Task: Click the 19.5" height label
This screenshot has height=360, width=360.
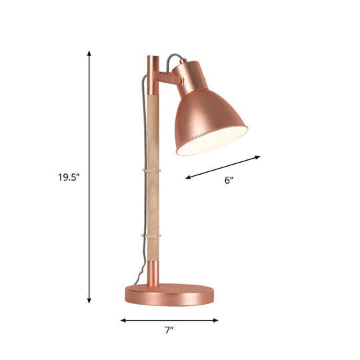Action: [x=67, y=177]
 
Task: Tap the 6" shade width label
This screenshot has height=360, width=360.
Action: [x=229, y=179]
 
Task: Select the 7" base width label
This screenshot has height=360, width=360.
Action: [x=169, y=330]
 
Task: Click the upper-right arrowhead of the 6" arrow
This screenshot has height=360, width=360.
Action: [x=259, y=157]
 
